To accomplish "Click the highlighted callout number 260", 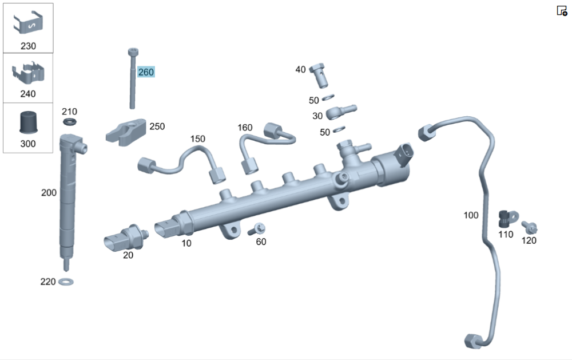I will pos(146,72).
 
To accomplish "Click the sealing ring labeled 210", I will pos(69,122).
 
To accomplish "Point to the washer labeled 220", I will pos(66,281).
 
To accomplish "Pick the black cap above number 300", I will pos(28,122).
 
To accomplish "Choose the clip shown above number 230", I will pos(28,24).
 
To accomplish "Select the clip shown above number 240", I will pos(28,74).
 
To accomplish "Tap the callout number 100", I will pos(471,215).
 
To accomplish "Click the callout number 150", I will pos(197,139).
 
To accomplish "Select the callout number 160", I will pos(245,127).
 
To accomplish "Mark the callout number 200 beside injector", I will pos(49,193).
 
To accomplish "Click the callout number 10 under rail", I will pos(186,243).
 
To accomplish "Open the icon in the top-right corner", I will pos(562,11).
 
